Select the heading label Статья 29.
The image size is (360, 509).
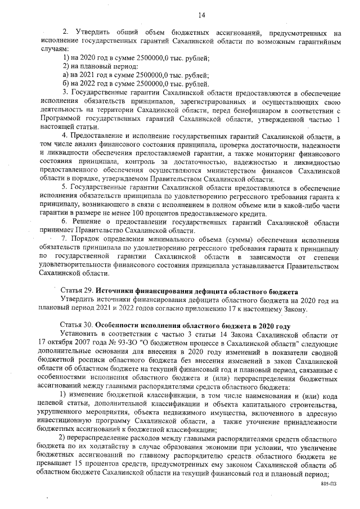76,292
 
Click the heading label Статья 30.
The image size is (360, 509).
76,326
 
